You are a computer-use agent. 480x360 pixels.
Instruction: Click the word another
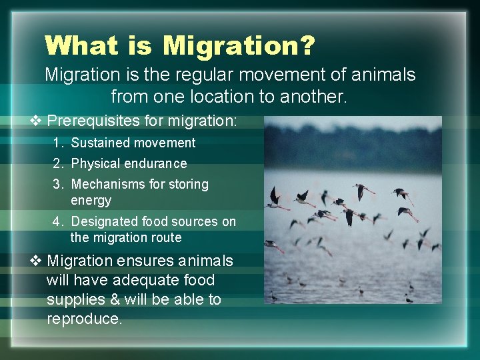point(311,97)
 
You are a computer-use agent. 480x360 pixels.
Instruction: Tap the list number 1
point(59,143)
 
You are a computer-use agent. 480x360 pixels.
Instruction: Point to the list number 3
point(59,184)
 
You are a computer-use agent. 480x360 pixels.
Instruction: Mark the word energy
point(91,200)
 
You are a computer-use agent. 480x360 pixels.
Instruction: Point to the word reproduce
point(84,319)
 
